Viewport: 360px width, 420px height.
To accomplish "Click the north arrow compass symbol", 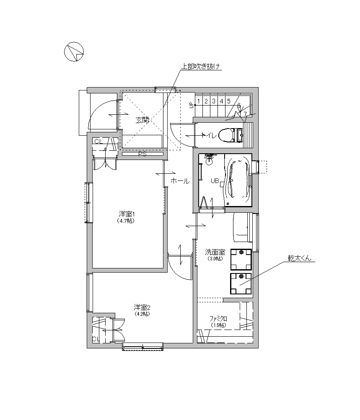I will click(x=74, y=52).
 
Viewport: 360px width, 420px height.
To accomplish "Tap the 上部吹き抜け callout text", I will click(x=200, y=66).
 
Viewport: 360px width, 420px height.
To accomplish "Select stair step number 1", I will click(x=199, y=101).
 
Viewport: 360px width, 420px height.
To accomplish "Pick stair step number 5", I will click(x=229, y=101).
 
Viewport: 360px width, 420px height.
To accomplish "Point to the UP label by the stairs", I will click(x=192, y=105).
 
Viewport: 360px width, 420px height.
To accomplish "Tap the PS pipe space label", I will click(x=142, y=154).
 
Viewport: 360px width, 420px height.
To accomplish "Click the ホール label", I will click(x=180, y=181).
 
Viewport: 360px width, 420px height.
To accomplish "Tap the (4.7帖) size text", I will click(x=126, y=221).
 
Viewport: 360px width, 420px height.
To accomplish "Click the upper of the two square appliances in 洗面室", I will click(x=241, y=259).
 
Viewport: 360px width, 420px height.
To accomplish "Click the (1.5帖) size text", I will click(x=218, y=325).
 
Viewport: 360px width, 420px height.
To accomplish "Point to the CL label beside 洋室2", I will click(x=96, y=339).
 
